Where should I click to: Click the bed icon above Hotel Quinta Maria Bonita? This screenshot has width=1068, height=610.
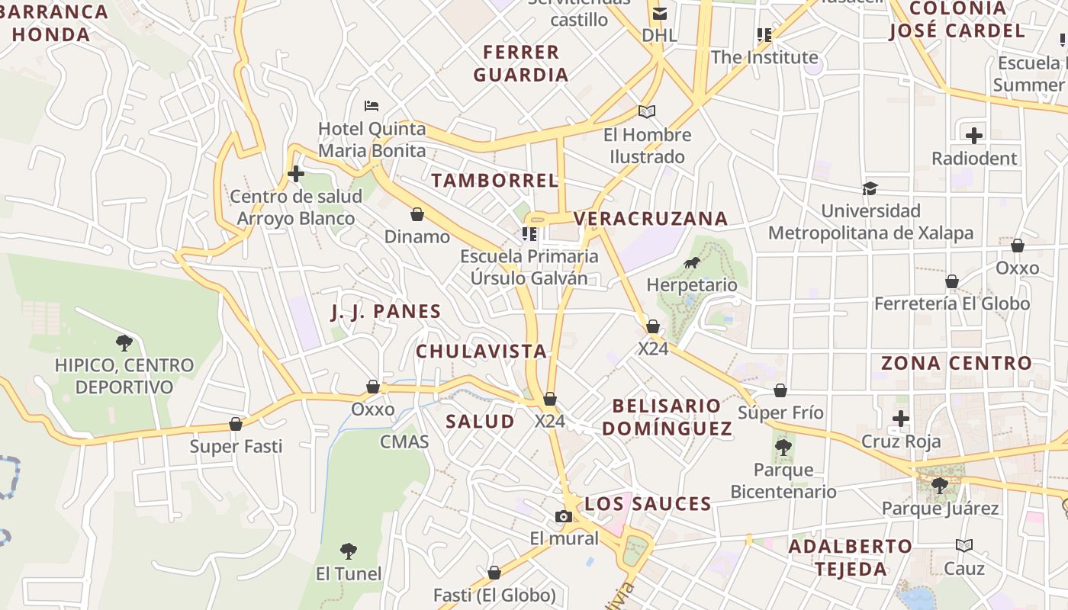372,105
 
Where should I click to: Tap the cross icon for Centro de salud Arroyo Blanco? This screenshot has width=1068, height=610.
296,175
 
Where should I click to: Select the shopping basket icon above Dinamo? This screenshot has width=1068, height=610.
417,214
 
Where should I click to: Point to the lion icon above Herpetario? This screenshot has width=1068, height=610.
692,263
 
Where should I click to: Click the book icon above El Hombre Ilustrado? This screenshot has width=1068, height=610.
647,112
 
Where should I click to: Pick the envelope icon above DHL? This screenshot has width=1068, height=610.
660,13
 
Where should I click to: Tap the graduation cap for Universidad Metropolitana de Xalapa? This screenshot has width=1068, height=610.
870,188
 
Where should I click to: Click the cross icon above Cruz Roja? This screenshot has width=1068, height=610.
901,419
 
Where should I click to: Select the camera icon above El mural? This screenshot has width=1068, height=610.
564,516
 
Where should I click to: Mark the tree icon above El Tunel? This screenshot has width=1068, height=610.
349,551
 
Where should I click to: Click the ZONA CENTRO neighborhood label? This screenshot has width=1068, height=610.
957,363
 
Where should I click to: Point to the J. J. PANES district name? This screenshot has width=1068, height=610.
386,311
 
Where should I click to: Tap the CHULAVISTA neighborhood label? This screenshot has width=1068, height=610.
481,352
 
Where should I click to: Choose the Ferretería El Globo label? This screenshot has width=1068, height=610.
952,303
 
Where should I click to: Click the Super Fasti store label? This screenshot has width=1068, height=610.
236,446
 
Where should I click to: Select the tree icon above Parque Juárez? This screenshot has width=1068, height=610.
940,485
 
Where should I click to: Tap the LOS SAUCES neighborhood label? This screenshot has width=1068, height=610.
648,504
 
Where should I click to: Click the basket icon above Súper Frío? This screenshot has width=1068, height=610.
780,391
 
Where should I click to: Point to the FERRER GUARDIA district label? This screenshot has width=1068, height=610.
521,63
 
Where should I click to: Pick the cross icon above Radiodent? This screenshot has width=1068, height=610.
974,136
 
